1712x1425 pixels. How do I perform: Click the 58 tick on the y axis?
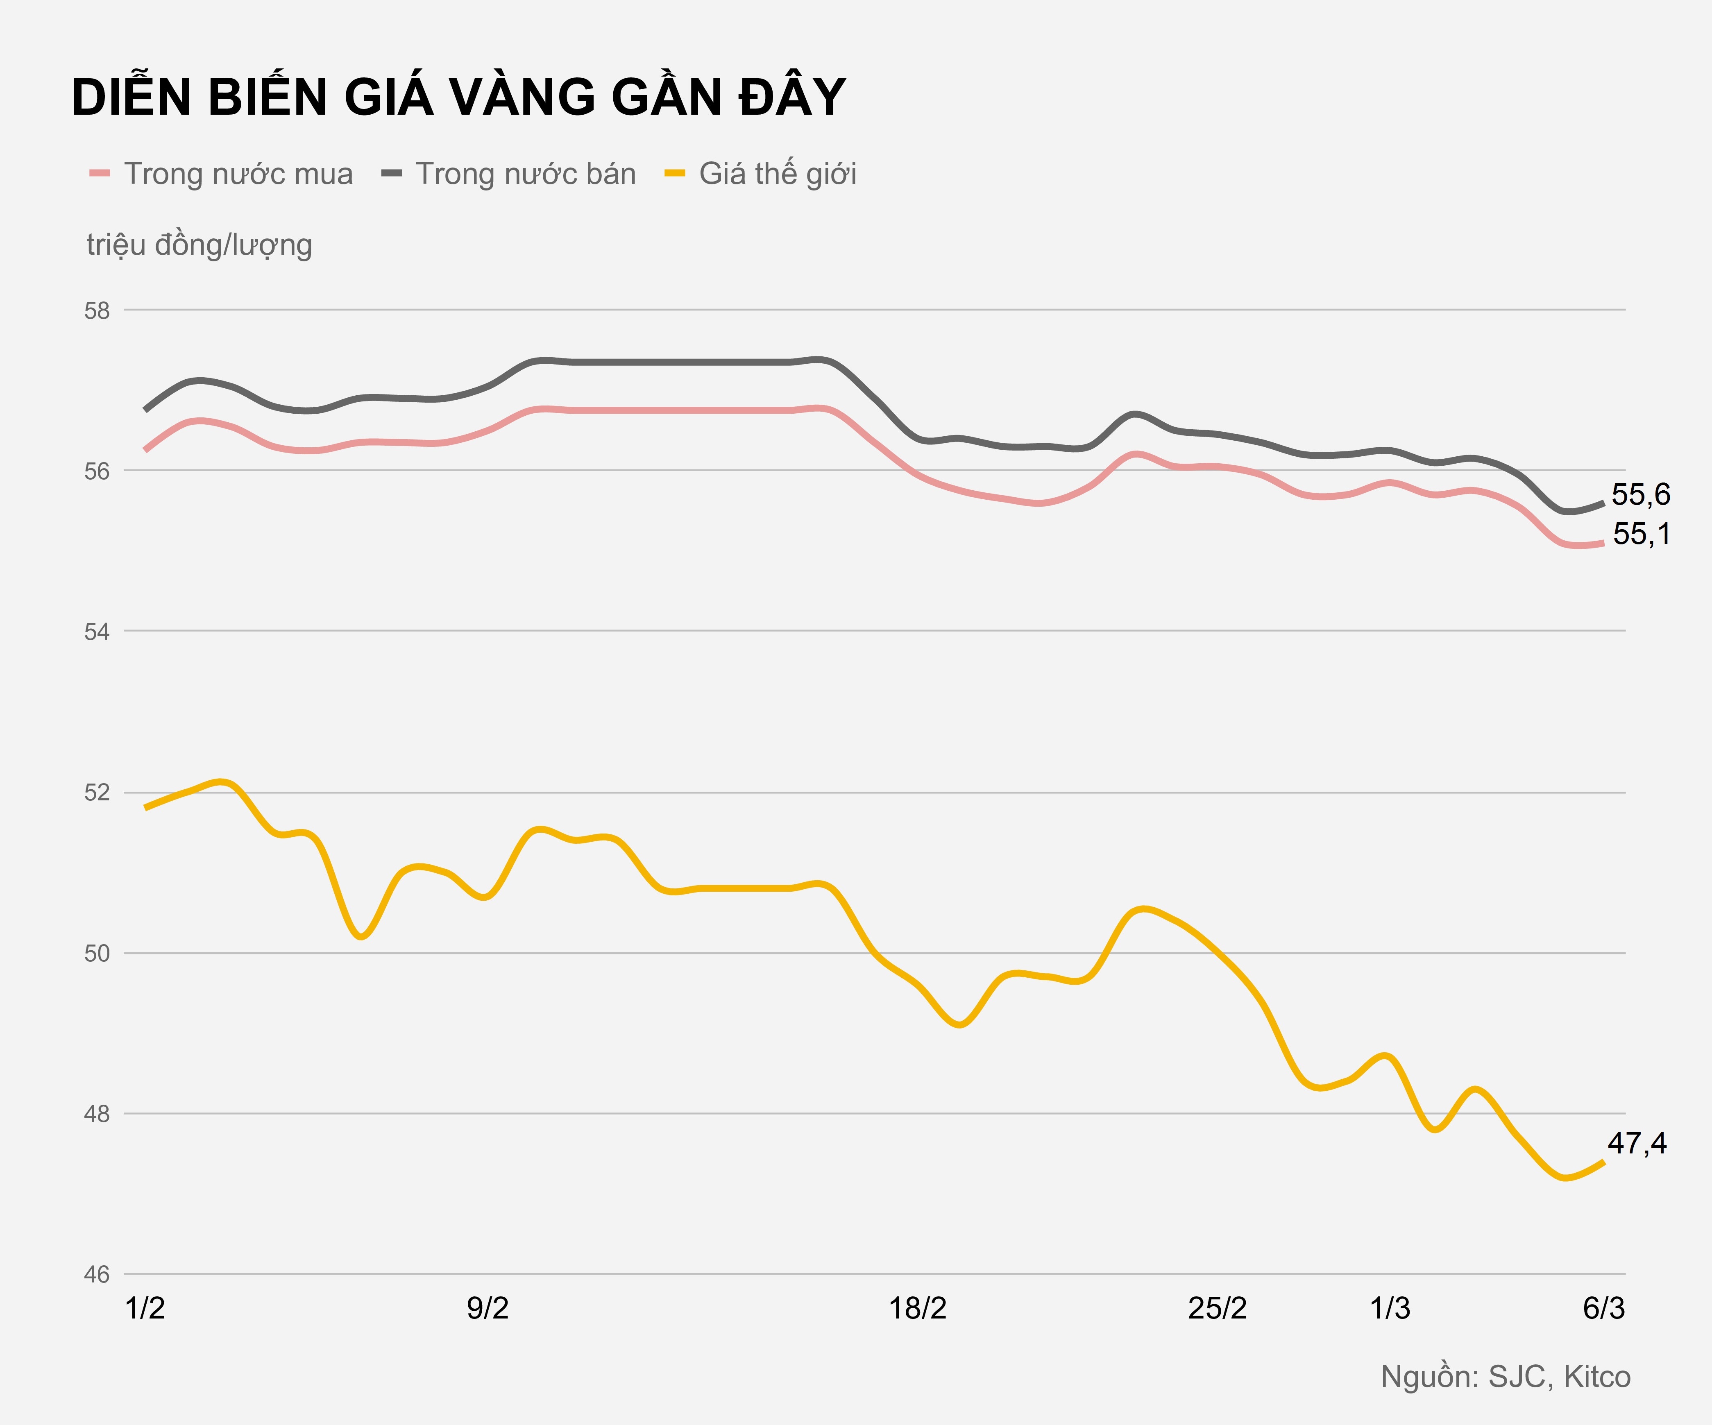pos(97,310)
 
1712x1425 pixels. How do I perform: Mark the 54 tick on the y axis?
pos(97,632)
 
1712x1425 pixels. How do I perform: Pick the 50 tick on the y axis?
pos(97,954)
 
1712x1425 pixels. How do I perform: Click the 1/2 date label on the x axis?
pos(145,1309)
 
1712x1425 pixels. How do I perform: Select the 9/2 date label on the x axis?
pos(488,1309)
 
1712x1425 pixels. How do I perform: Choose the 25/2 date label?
pos(1217,1309)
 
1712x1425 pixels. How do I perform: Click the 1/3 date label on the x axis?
pos(1389,1309)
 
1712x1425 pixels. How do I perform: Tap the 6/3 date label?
pos(1603,1309)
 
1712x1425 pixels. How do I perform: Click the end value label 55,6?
pos(1640,495)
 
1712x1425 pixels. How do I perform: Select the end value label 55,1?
pos(1641,534)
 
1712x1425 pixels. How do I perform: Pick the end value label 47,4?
pos(1637,1144)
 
